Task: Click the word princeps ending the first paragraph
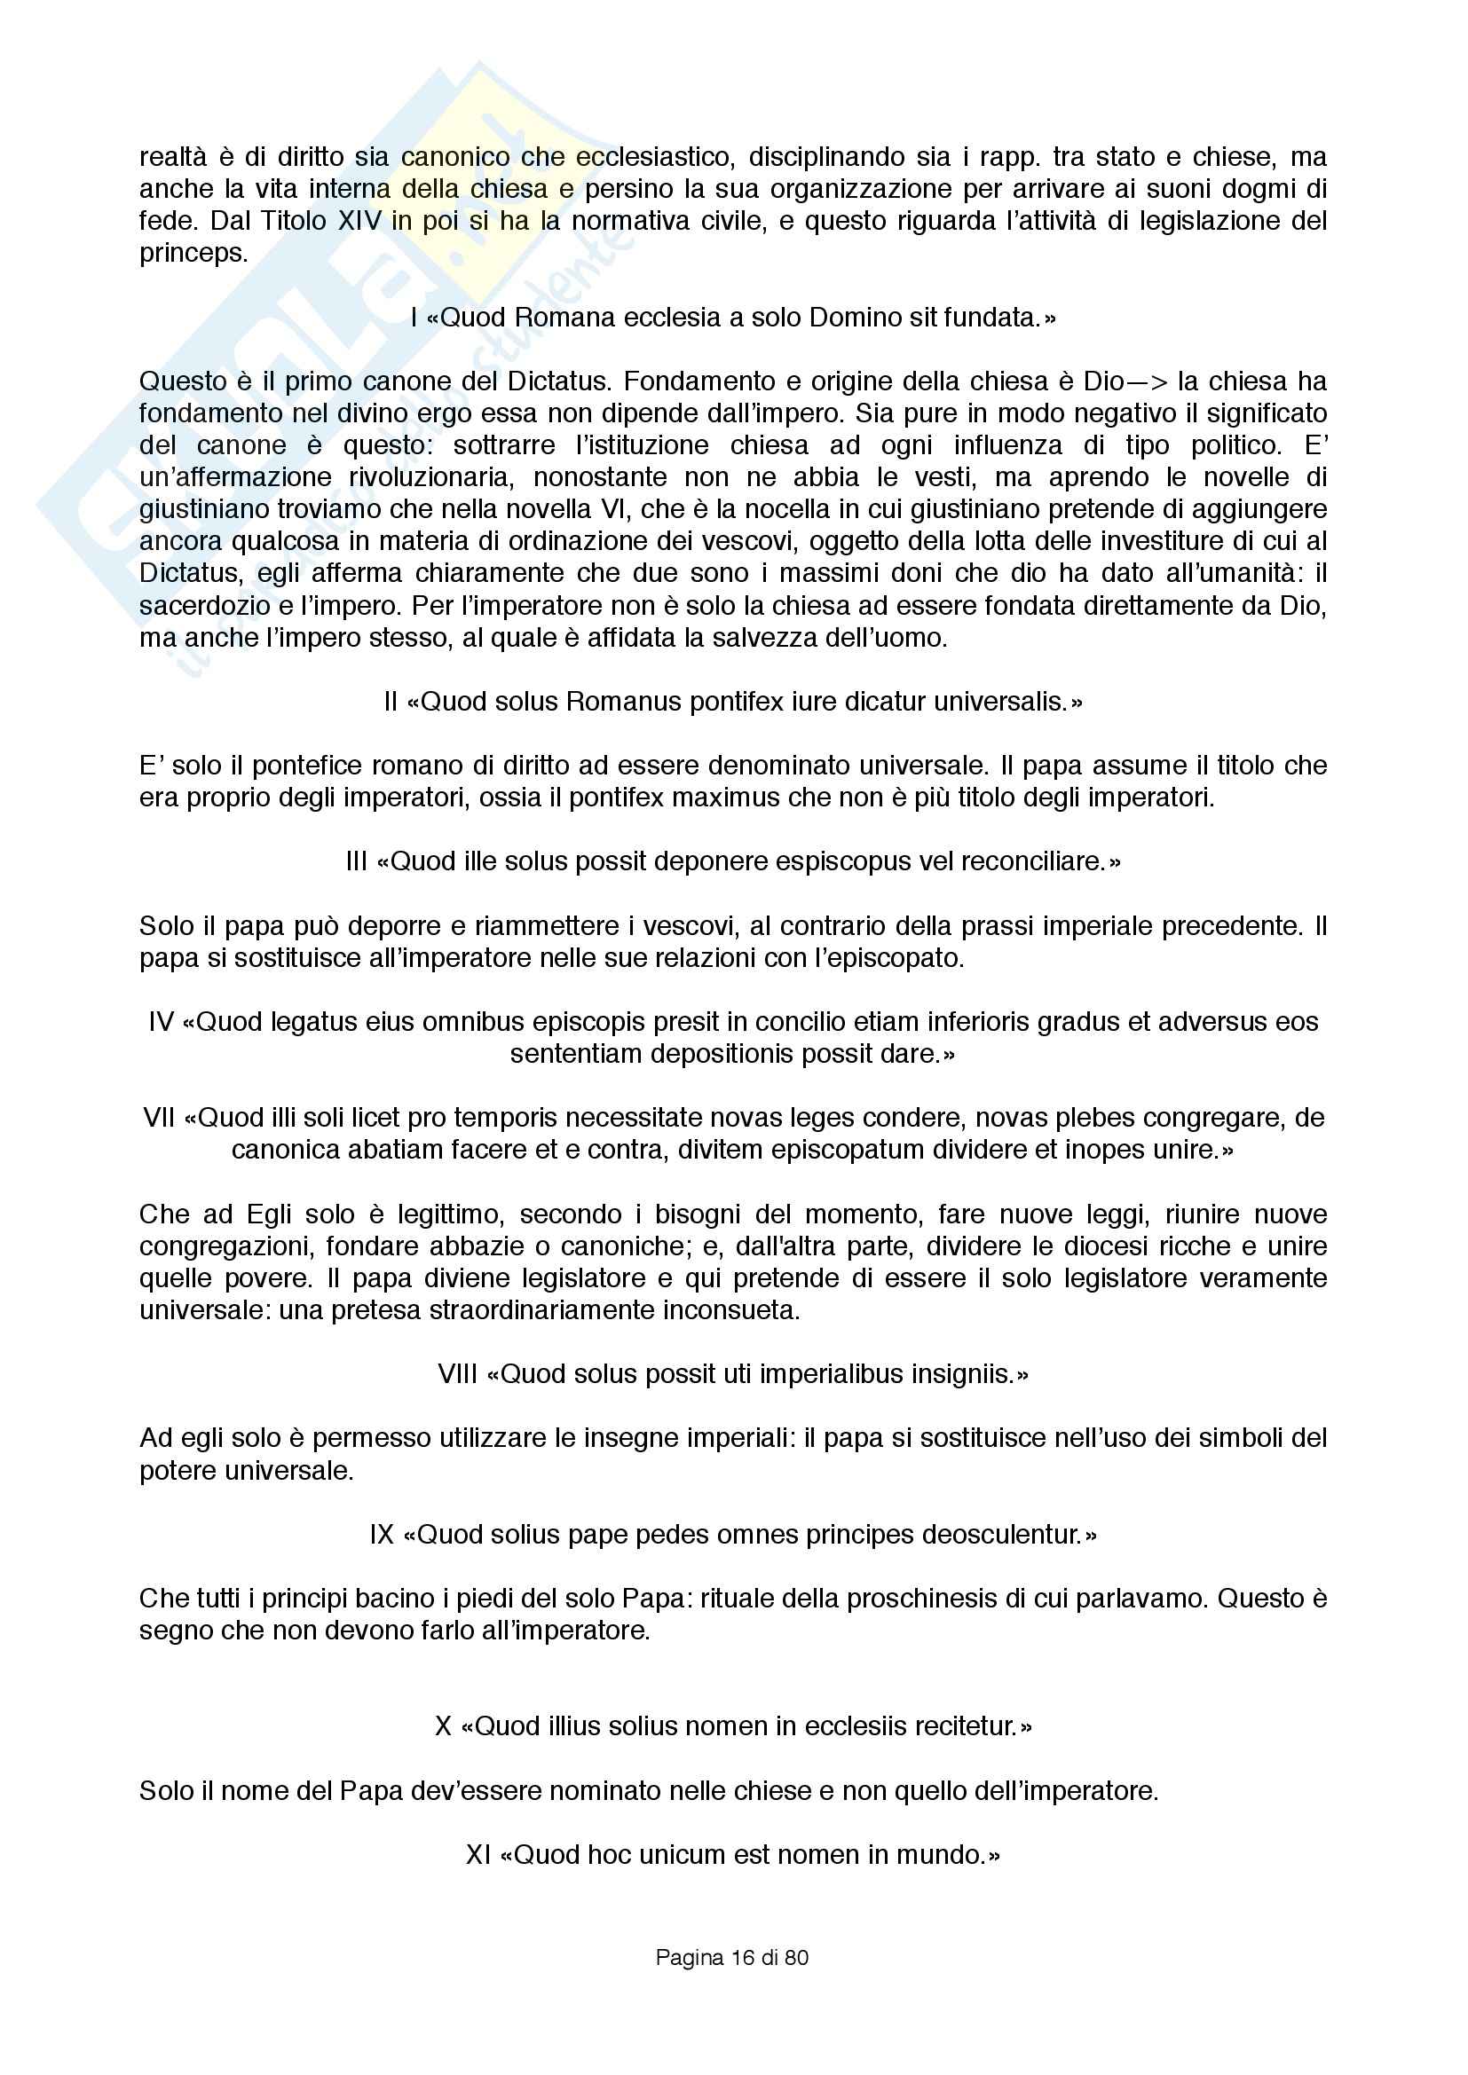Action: (193, 254)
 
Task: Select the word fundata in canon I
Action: (992, 318)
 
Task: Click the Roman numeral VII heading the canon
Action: (159, 1118)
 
